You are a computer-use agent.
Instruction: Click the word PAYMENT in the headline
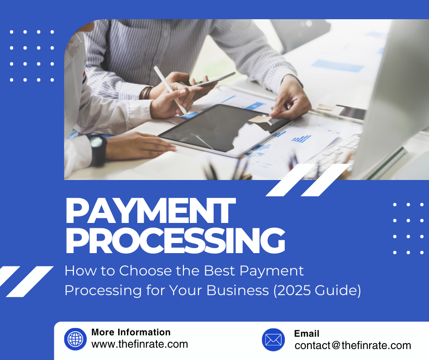tap(150, 211)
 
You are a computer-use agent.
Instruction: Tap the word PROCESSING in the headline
tap(175, 240)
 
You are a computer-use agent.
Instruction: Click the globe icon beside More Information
tap(75, 339)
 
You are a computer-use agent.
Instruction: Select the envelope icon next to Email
tap(273, 340)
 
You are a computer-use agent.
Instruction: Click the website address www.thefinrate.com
tap(140, 344)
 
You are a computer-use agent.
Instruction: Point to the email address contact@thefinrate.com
tap(353, 345)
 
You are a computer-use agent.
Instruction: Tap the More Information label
tap(131, 332)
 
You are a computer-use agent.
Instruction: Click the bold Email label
tap(307, 334)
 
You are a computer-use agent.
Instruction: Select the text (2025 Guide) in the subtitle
tap(317, 291)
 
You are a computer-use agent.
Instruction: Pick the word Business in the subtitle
tap(237, 291)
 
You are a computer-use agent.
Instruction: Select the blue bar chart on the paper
tap(301, 139)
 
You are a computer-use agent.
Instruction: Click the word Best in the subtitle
tap(220, 270)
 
